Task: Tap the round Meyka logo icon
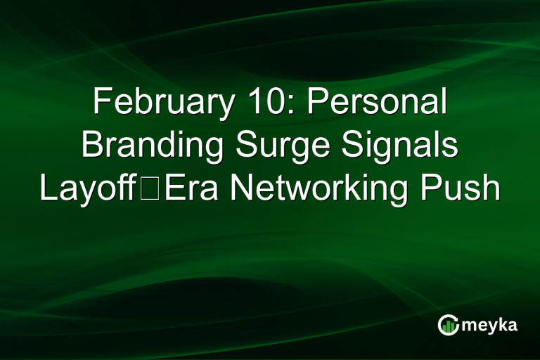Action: [x=448, y=324]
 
